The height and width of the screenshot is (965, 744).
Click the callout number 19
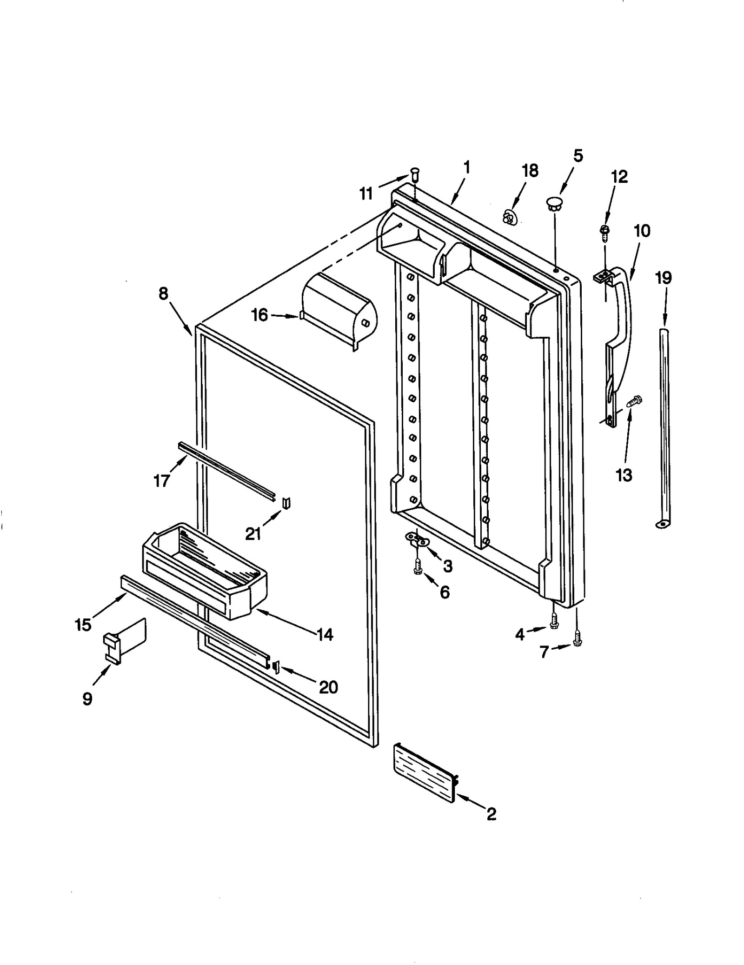(x=663, y=278)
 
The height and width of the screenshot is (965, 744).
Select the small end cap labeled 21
(x=286, y=503)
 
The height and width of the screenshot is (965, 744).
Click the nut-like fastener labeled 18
(x=510, y=216)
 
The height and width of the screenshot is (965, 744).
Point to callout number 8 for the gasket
(x=163, y=294)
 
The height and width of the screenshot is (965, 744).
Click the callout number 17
(x=161, y=480)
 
